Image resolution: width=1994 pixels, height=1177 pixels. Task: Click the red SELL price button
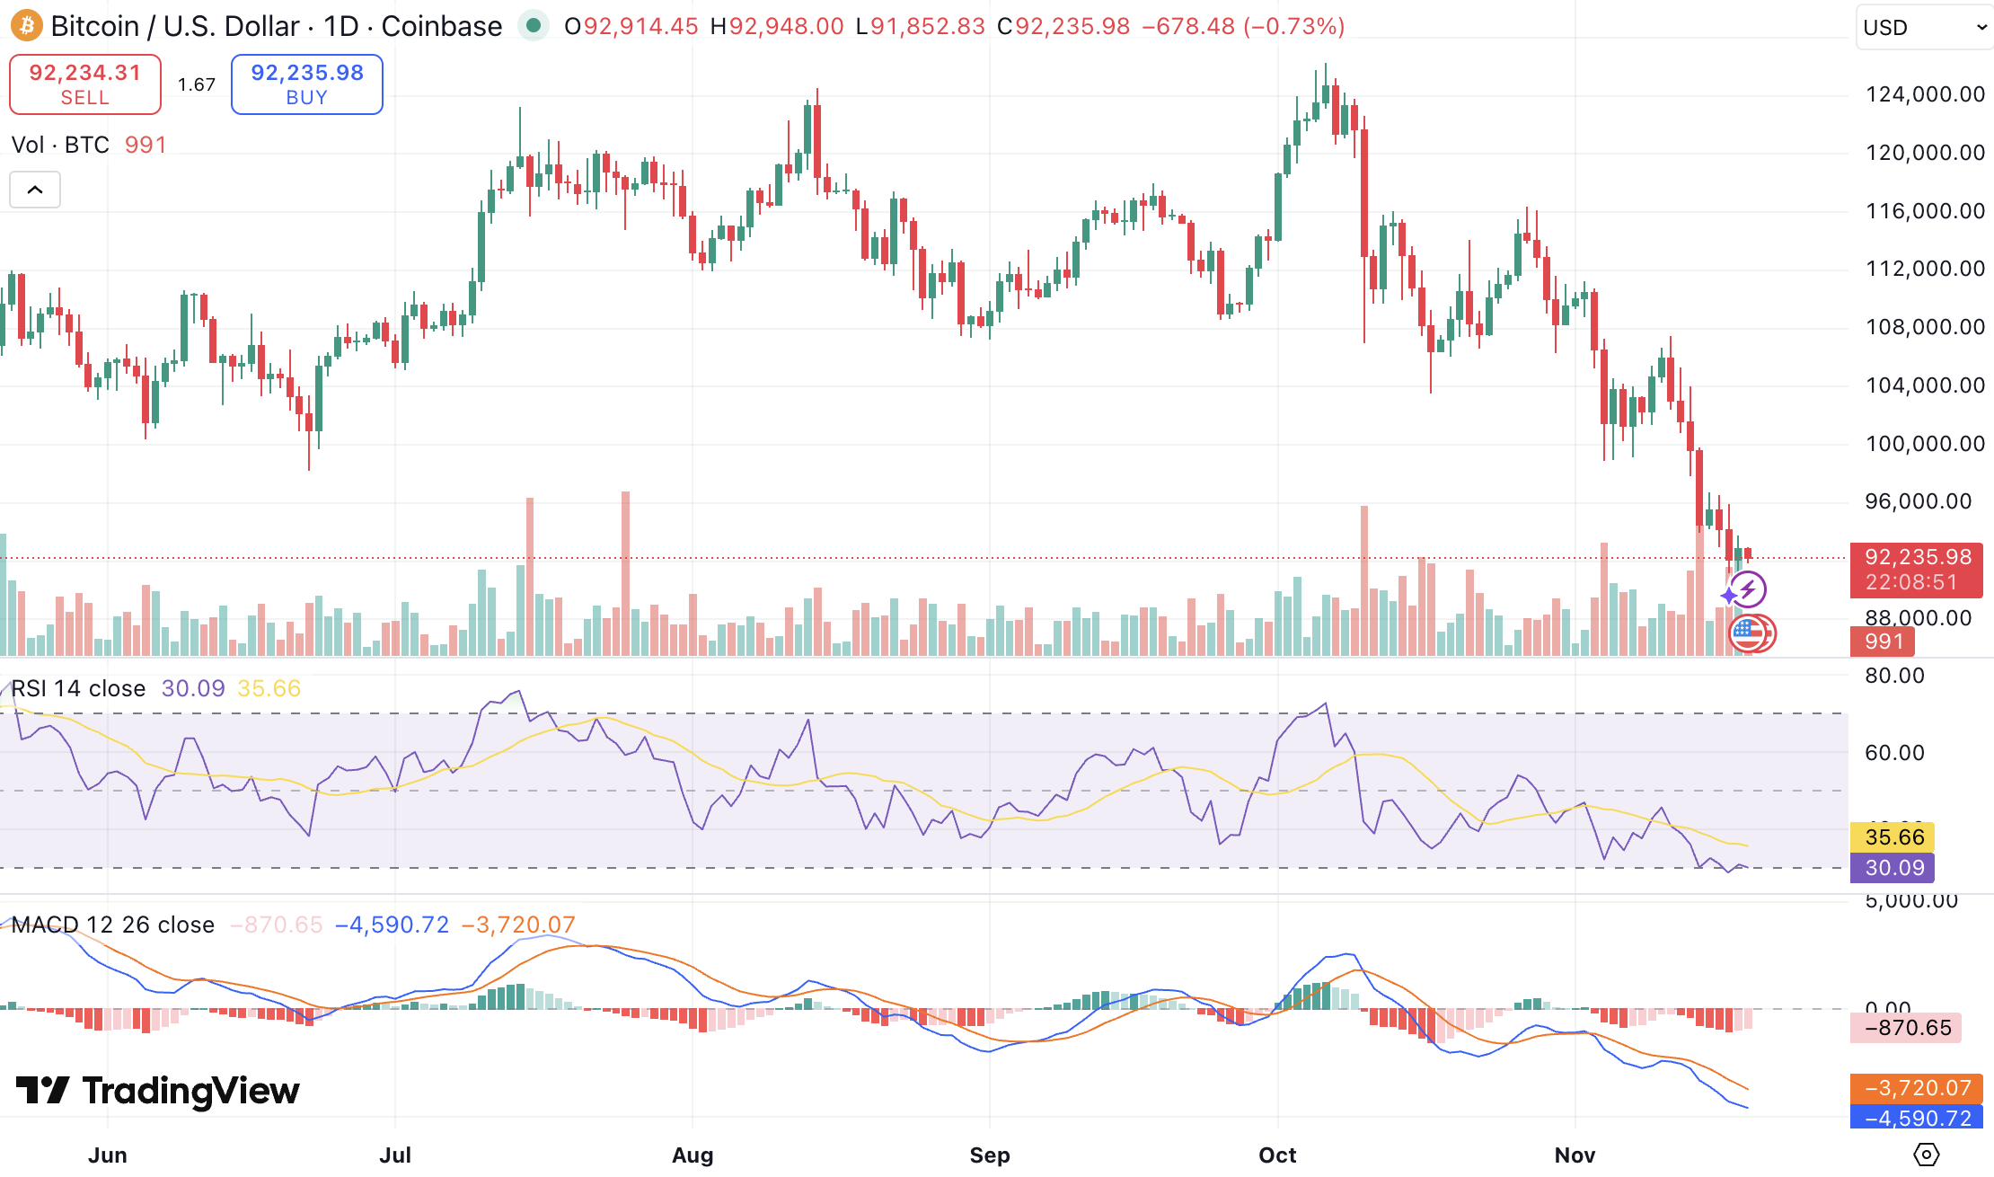pyautogui.click(x=85, y=84)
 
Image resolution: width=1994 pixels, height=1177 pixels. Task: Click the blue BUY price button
pyautogui.click(x=307, y=84)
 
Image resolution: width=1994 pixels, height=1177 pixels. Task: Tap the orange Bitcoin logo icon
pyautogui.click(x=26, y=26)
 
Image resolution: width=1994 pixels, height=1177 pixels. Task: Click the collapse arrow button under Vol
pyautogui.click(x=35, y=190)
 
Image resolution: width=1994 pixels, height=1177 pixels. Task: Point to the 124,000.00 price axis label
pyautogui.click(x=1925, y=94)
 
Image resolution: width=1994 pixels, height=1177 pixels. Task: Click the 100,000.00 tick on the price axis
pyautogui.click(x=1925, y=444)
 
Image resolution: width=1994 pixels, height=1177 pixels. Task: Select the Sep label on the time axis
pyautogui.click(x=989, y=1155)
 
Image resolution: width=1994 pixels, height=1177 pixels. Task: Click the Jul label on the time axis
pyautogui.click(x=395, y=1155)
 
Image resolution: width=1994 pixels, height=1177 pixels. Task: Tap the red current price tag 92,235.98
pyautogui.click(x=1916, y=570)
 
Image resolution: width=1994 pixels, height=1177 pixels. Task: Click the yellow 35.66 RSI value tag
pyautogui.click(x=1894, y=837)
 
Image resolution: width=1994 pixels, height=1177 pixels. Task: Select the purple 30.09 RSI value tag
pyautogui.click(x=1894, y=868)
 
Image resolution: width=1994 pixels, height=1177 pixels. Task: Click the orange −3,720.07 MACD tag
pyautogui.click(x=1917, y=1088)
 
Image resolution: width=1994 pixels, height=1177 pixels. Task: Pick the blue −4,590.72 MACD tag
pyautogui.click(x=1917, y=1119)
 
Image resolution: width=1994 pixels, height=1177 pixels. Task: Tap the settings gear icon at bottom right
pyautogui.click(x=1926, y=1155)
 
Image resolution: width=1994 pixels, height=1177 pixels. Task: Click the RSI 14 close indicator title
pyautogui.click(x=78, y=689)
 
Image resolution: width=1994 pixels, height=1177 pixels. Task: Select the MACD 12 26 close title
pyautogui.click(x=113, y=925)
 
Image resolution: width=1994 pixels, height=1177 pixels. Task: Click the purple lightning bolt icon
pyautogui.click(x=1748, y=590)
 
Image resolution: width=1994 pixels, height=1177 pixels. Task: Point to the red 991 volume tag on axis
pyautogui.click(x=1883, y=642)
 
